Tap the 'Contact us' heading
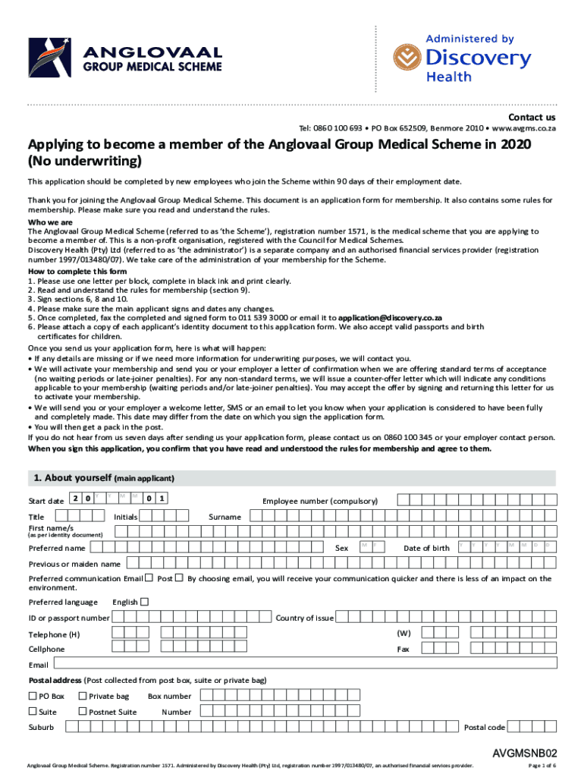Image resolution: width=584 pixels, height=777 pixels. coord(531,118)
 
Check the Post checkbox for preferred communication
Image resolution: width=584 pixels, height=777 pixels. coord(179,578)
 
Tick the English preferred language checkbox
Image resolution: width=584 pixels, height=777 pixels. coord(145,602)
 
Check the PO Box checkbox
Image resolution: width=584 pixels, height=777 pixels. coord(33,696)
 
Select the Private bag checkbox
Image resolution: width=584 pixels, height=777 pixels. coord(82,696)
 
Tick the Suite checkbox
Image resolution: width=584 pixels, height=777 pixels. coord(33,711)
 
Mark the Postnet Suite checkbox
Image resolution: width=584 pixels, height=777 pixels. coord(82,711)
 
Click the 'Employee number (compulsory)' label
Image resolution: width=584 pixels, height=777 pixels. coord(319,501)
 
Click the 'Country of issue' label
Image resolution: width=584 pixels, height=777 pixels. coord(305,618)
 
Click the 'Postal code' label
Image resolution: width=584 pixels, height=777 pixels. coord(484,728)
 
